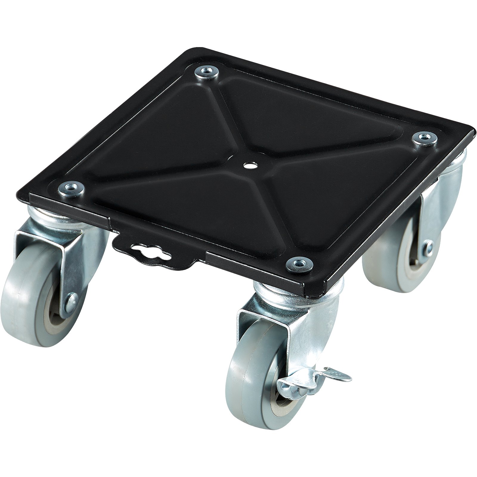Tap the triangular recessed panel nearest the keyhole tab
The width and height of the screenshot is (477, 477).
click(x=191, y=203)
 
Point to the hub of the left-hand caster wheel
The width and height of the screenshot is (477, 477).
click(x=57, y=313)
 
